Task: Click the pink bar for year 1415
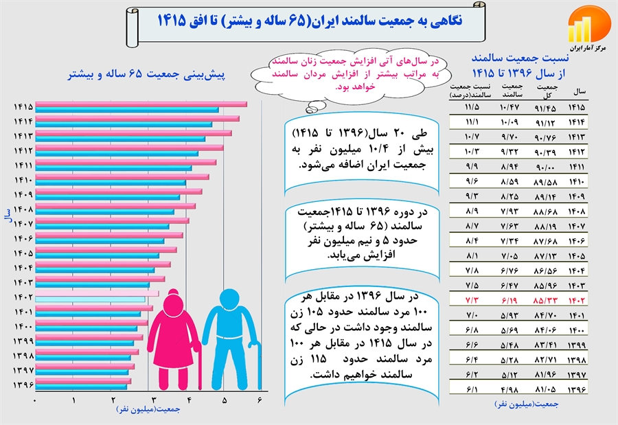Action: click(141, 104)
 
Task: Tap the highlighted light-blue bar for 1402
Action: click(90, 299)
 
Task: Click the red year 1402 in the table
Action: click(577, 300)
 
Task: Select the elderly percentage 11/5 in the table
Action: click(471, 107)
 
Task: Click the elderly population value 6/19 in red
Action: click(510, 300)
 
